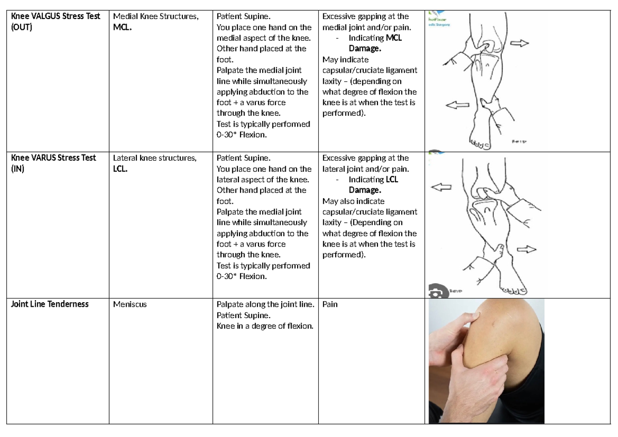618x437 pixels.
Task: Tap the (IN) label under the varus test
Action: pos(18,169)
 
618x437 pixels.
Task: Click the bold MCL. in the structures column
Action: pos(123,27)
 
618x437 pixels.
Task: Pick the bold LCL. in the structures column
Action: pos(122,169)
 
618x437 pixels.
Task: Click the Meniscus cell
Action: pos(130,304)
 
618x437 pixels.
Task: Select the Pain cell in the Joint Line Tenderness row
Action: pos(330,304)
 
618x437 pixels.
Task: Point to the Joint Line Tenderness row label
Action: pos(50,304)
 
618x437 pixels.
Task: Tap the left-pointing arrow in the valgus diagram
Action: pos(457,105)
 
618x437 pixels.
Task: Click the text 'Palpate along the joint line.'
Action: pos(265,304)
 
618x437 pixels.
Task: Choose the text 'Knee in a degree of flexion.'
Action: pos(265,326)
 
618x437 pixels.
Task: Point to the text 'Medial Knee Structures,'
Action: pos(156,16)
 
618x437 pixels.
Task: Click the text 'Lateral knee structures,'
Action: pos(154,158)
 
